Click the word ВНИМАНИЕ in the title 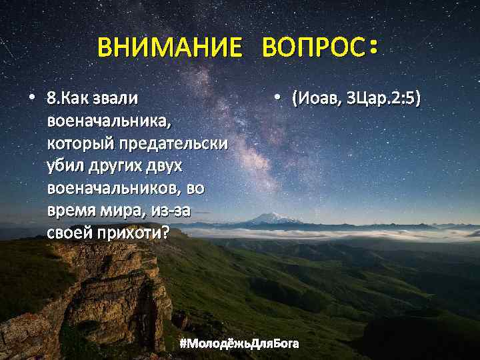(x=169, y=47)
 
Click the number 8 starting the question (x=51, y=99)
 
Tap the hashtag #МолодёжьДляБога (x=240, y=344)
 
